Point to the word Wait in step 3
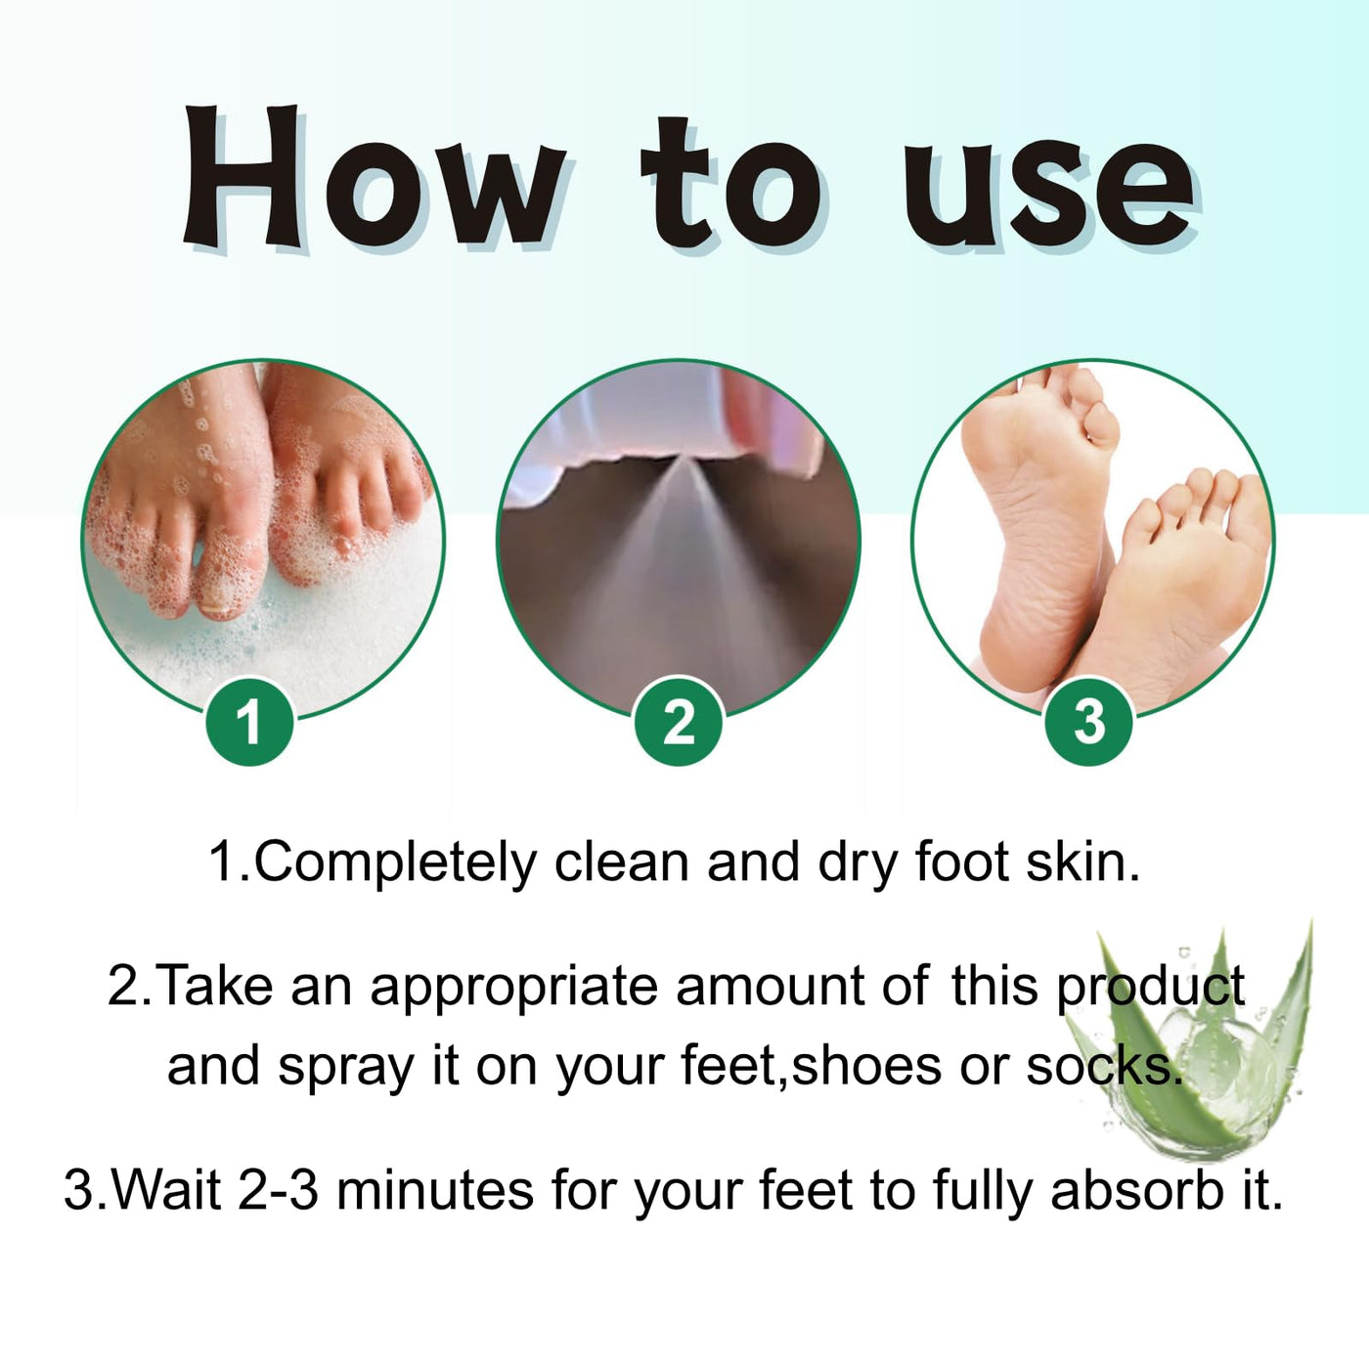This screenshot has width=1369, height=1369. [167, 1190]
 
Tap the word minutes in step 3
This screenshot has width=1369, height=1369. [435, 1191]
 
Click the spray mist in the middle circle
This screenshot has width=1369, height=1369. [679, 568]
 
